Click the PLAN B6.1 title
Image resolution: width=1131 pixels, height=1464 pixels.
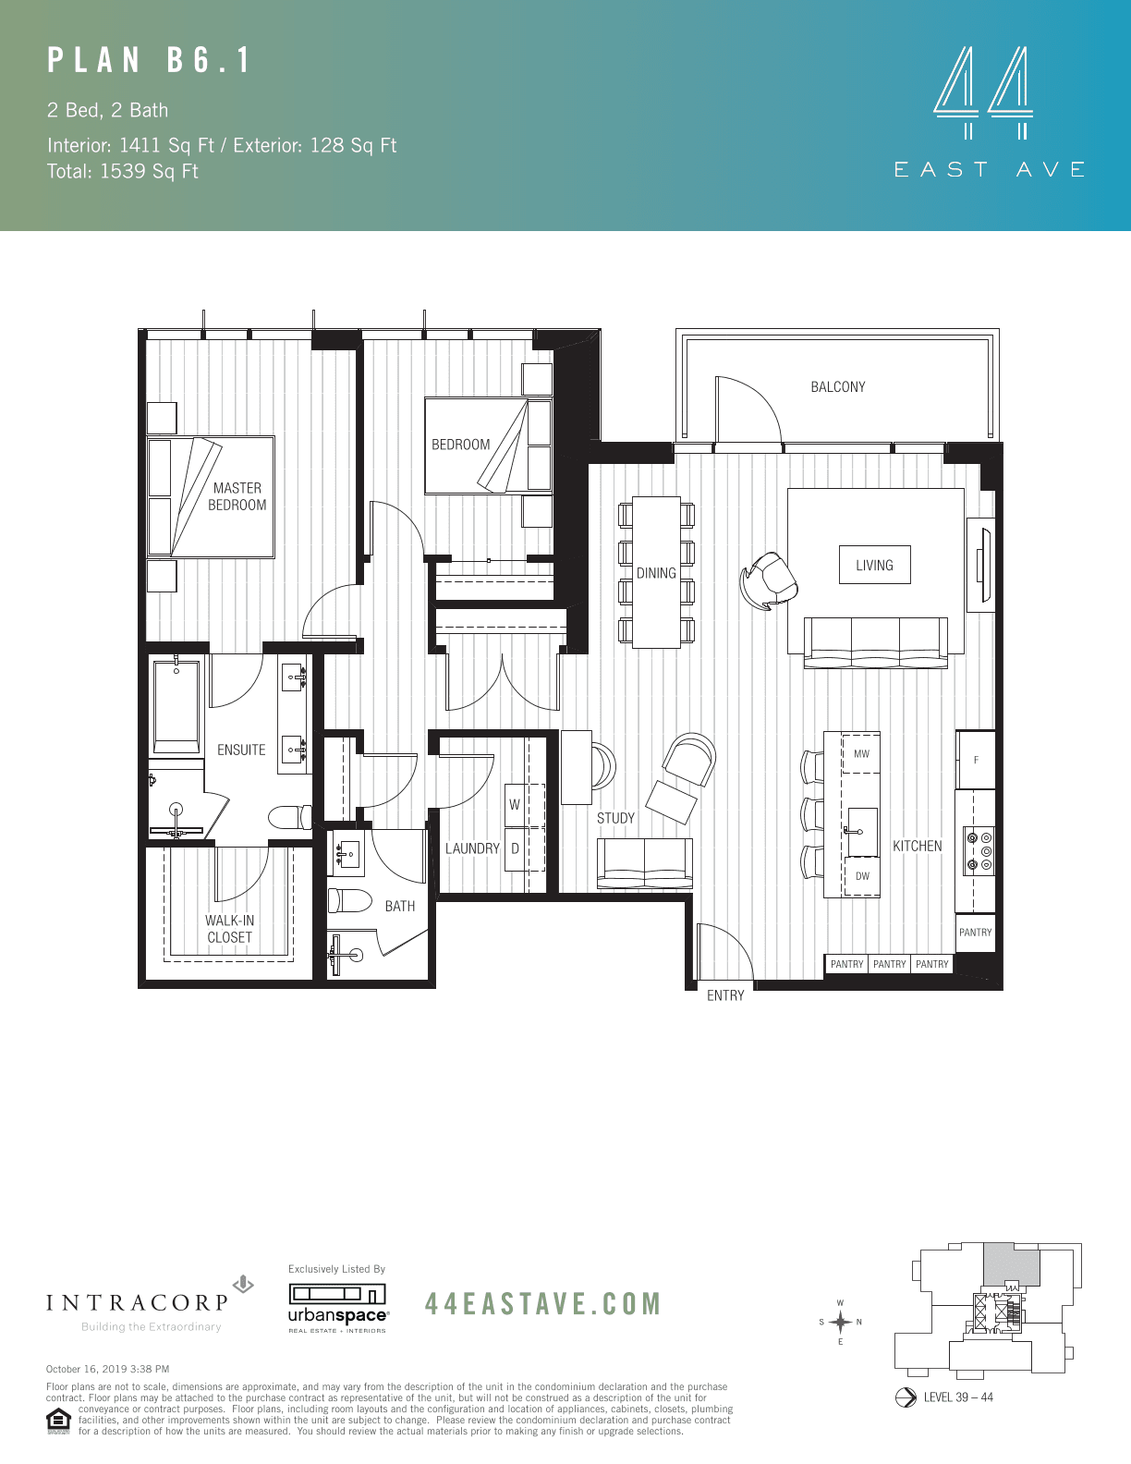pyautogui.click(x=150, y=61)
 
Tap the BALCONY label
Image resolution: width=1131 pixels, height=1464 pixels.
pyautogui.click(x=838, y=387)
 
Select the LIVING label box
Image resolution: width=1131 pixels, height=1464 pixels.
pyautogui.click(x=874, y=566)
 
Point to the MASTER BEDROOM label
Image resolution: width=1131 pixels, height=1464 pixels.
pyautogui.click(x=237, y=496)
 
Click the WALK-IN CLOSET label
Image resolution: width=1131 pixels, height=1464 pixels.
pyautogui.click(x=230, y=929)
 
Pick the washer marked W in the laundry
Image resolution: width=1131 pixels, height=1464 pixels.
pyautogui.click(x=515, y=805)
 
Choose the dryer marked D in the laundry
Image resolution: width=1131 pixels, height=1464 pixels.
pyautogui.click(x=515, y=848)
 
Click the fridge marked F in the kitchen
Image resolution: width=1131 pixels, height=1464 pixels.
pyautogui.click(x=976, y=760)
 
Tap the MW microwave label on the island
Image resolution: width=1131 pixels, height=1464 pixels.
pyautogui.click(x=861, y=754)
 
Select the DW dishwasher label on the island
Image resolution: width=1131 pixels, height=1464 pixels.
pyautogui.click(x=862, y=876)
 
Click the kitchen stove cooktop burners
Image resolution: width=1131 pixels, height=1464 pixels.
pyautogui.click(x=979, y=851)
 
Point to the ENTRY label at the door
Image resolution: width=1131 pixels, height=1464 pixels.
pyautogui.click(x=725, y=995)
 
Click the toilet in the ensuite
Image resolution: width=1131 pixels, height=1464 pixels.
pyautogui.click(x=289, y=817)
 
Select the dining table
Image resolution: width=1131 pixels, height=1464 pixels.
pyautogui.click(x=656, y=573)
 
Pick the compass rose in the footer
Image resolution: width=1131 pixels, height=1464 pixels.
pyautogui.click(x=840, y=1323)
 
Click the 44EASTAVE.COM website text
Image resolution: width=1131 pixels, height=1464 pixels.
pyautogui.click(x=543, y=1304)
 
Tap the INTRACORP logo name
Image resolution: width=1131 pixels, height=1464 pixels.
pyautogui.click(x=138, y=1303)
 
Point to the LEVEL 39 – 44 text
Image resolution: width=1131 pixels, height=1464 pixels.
pyautogui.click(x=958, y=1397)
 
